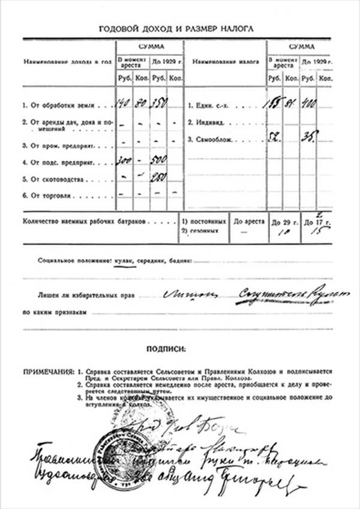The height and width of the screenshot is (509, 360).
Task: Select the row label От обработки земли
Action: tap(55, 106)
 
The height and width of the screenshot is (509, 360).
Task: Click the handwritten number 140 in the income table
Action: tap(124, 104)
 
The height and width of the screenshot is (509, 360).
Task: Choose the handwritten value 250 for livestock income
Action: tap(160, 178)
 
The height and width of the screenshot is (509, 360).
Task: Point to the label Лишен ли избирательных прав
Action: tap(79, 296)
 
